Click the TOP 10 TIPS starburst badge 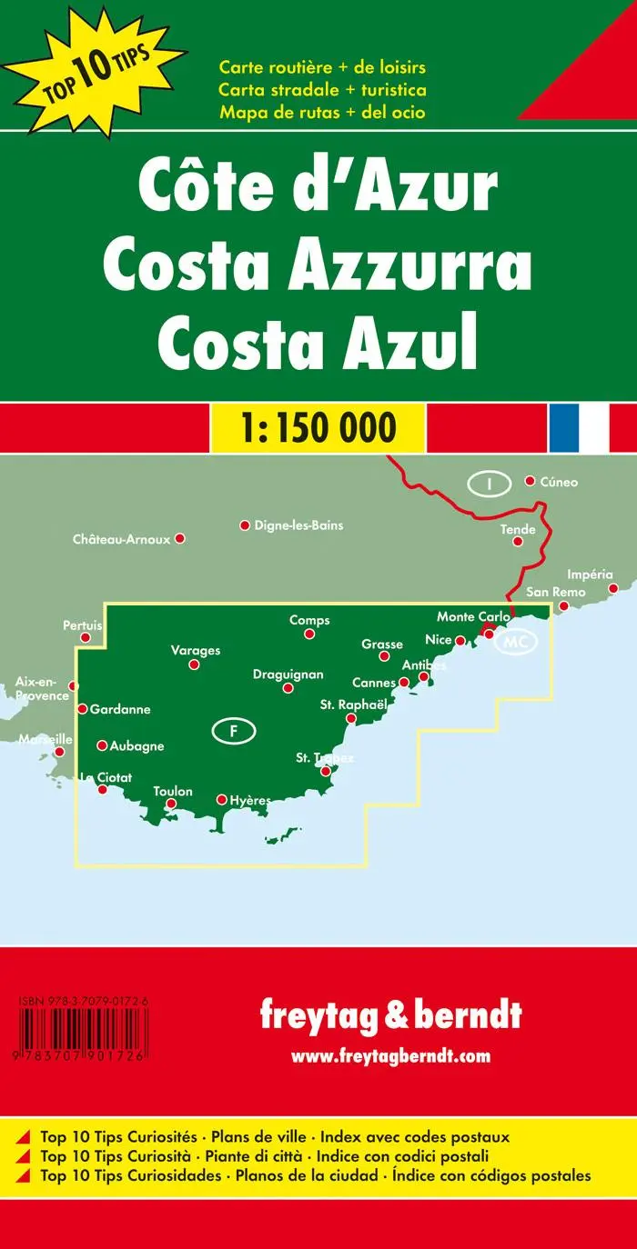(x=94, y=64)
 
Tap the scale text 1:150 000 (x=318, y=426)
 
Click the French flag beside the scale (x=579, y=426)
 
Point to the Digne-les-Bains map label (x=298, y=525)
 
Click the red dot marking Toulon (x=170, y=804)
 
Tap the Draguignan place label (x=288, y=674)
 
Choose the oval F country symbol (x=233, y=730)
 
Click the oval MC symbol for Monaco (x=515, y=642)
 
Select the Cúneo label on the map (x=558, y=482)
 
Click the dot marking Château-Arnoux (x=180, y=539)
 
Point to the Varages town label (x=196, y=651)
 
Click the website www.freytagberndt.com (x=390, y=1056)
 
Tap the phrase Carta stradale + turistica (x=322, y=90)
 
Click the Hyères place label (x=250, y=800)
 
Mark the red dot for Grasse (x=385, y=656)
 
